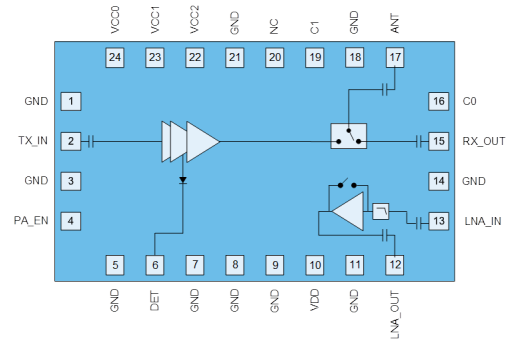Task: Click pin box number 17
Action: pos(395,57)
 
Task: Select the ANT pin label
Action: pos(395,23)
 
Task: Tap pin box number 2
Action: pos(71,141)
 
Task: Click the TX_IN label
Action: pos(33,141)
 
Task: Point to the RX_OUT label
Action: pos(483,141)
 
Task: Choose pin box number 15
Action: pos(438,141)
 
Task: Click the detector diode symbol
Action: pos(183,180)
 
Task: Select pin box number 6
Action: pos(155,265)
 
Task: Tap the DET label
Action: pos(154,301)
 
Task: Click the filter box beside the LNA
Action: pos(380,211)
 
